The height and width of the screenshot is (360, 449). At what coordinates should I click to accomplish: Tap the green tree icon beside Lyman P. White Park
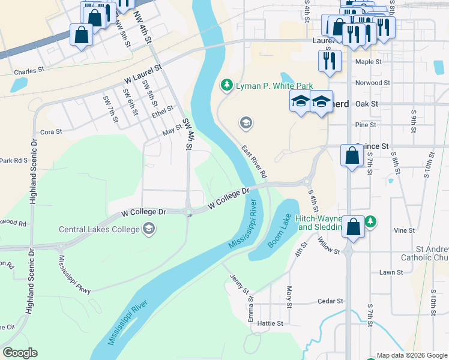(227, 86)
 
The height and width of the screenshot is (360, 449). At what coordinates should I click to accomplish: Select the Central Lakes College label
(100, 229)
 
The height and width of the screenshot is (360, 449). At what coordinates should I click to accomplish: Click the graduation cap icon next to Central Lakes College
(148, 229)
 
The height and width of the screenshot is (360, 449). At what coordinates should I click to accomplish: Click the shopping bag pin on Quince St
(352, 156)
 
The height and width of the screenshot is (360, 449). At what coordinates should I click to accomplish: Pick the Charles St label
(29, 70)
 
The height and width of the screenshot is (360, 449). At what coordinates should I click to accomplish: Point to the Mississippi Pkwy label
(74, 274)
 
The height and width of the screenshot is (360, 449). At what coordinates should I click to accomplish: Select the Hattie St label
(270, 323)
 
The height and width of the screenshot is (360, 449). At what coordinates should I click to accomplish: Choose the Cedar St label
(330, 301)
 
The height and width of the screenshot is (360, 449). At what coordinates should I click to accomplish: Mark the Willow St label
(330, 245)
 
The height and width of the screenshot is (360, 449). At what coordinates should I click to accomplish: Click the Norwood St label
(372, 83)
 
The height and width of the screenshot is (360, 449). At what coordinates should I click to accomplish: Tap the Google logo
(20, 353)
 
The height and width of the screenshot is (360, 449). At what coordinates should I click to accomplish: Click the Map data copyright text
(411, 355)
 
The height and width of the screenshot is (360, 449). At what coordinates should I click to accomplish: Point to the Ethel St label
(163, 112)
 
